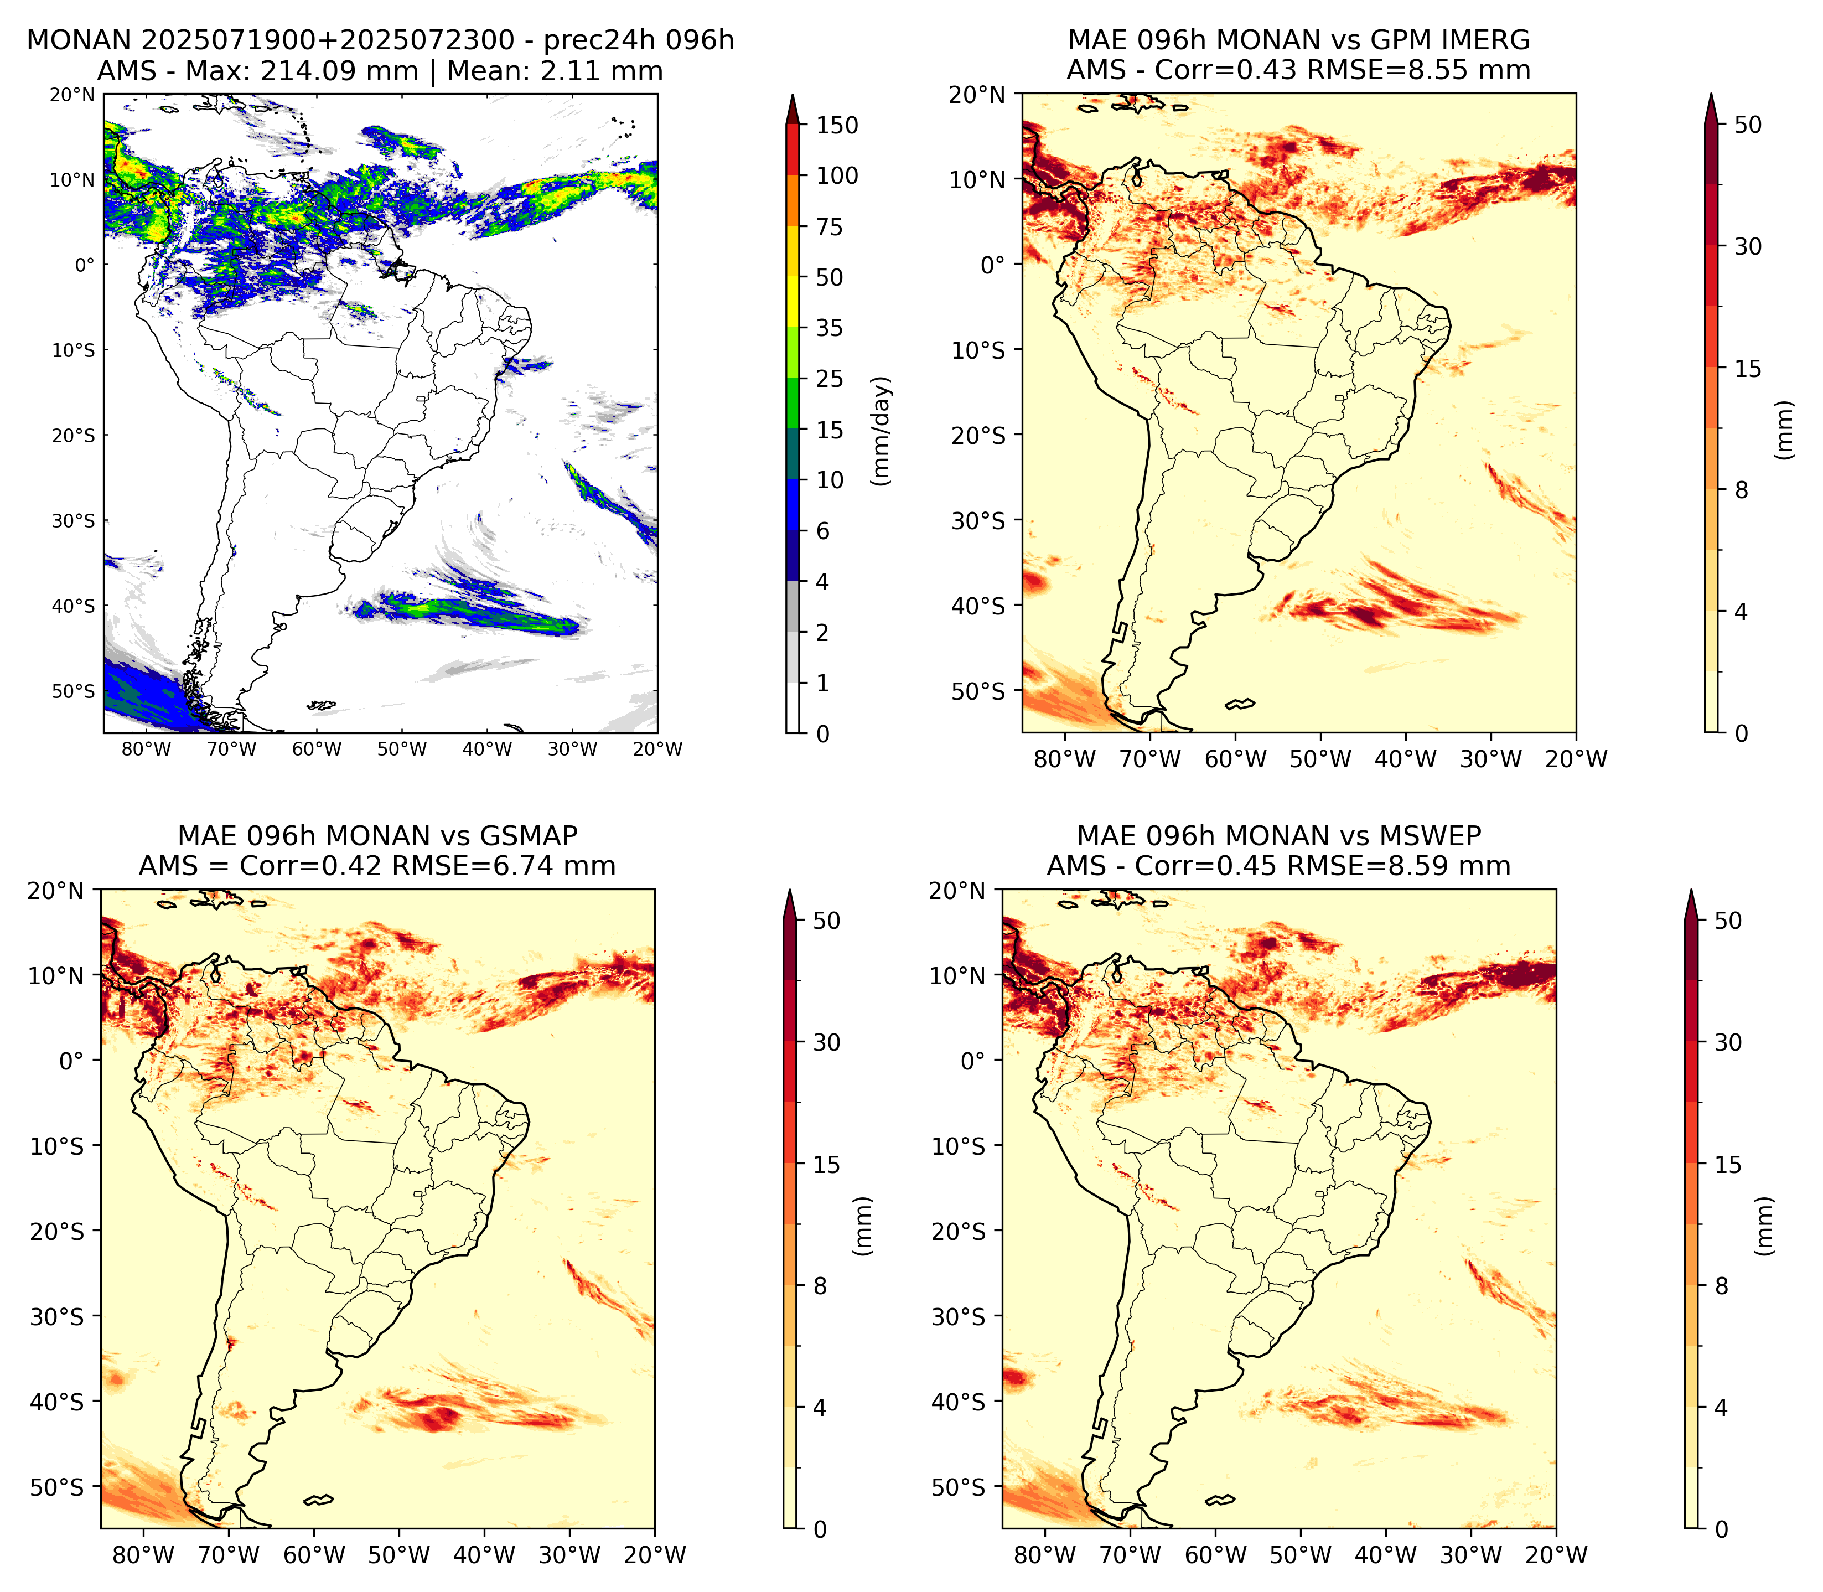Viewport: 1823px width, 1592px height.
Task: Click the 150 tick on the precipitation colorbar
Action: [x=837, y=125]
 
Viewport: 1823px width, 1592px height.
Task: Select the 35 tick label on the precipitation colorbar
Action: [x=830, y=328]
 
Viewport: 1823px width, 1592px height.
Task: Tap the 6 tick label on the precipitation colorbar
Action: [x=823, y=531]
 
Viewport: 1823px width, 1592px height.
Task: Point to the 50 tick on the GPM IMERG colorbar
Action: [x=1748, y=125]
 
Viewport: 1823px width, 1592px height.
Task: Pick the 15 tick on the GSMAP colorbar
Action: [x=826, y=1165]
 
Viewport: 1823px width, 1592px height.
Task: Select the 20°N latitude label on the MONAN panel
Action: [x=73, y=95]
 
